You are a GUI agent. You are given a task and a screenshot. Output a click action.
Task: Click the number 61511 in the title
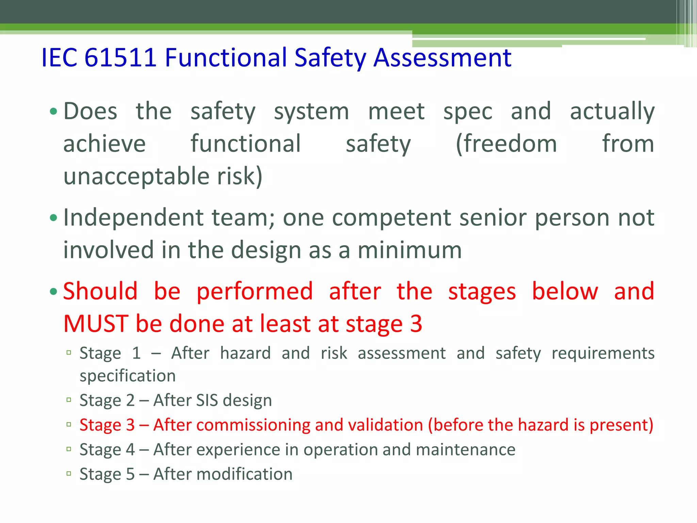click(x=120, y=57)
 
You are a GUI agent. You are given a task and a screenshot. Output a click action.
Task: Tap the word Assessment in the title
click(x=442, y=57)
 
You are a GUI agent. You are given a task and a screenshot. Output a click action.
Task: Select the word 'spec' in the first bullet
click(x=468, y=112)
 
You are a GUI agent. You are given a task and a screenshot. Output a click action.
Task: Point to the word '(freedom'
click(x=506, y=144)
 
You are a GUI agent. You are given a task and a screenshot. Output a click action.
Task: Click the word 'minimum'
click(x=409, y=250)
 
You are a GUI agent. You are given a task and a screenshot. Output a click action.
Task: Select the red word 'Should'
click(x=100, y=291)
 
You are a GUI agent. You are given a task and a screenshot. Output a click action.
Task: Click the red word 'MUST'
click(x=96, y=323)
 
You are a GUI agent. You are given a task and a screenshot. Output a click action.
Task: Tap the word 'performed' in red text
click(x=255, y=291)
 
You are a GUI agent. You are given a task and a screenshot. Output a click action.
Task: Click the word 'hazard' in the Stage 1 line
click(x=245, y=353)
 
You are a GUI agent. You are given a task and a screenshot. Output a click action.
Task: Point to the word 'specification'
click(x=128, y=376)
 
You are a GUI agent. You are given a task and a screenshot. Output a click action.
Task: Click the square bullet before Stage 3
click(x=69, y=425)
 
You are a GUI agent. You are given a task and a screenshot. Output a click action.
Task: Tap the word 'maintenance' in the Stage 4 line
click(x=465, y=449)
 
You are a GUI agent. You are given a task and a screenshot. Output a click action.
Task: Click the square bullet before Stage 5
click(x=69, y=474)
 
